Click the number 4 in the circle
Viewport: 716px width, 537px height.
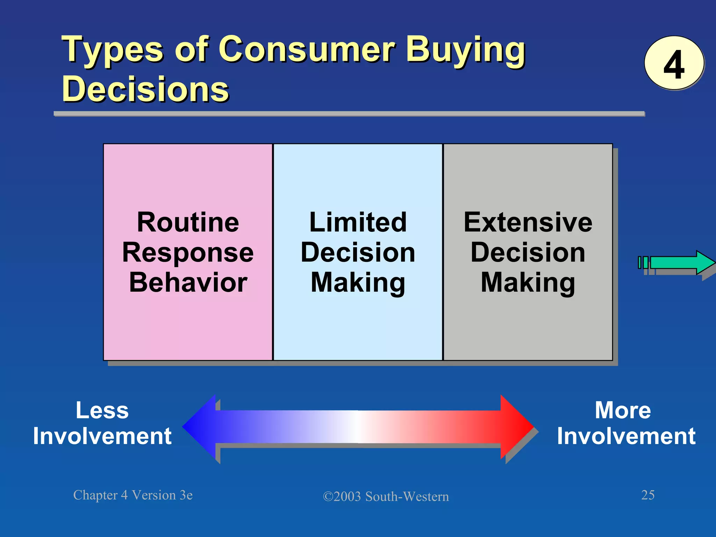tap(674, 64)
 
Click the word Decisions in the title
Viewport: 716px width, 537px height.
tap(145, 89)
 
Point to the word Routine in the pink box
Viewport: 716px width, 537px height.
tap(188, 222)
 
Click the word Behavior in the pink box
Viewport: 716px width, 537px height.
tap(188, 282)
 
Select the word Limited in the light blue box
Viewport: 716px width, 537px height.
tap(358, 222)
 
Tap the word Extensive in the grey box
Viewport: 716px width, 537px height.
tap(528, 222)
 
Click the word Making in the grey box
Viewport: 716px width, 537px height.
tap(528, 282)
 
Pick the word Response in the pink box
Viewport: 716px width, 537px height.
tap(188, 252)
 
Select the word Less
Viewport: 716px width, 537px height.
tap(102, 410)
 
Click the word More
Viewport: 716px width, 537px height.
tap(623, 410)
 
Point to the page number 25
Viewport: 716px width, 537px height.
tap(647, 495)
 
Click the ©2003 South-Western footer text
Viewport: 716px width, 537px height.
tap(386, 496)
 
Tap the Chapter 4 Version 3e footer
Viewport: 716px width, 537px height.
tap(133, 495)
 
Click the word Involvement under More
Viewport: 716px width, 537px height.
tap(626, 436)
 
